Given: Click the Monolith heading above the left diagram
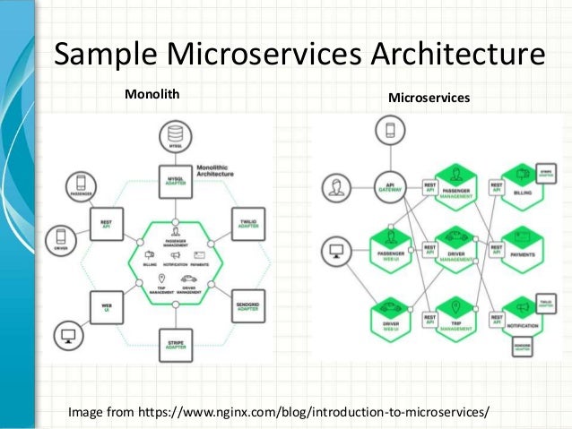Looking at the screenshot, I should (x=152, y=93).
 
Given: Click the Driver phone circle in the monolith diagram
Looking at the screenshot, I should (x=62, y=237).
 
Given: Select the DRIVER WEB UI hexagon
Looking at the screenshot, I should (x=390, y=313).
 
